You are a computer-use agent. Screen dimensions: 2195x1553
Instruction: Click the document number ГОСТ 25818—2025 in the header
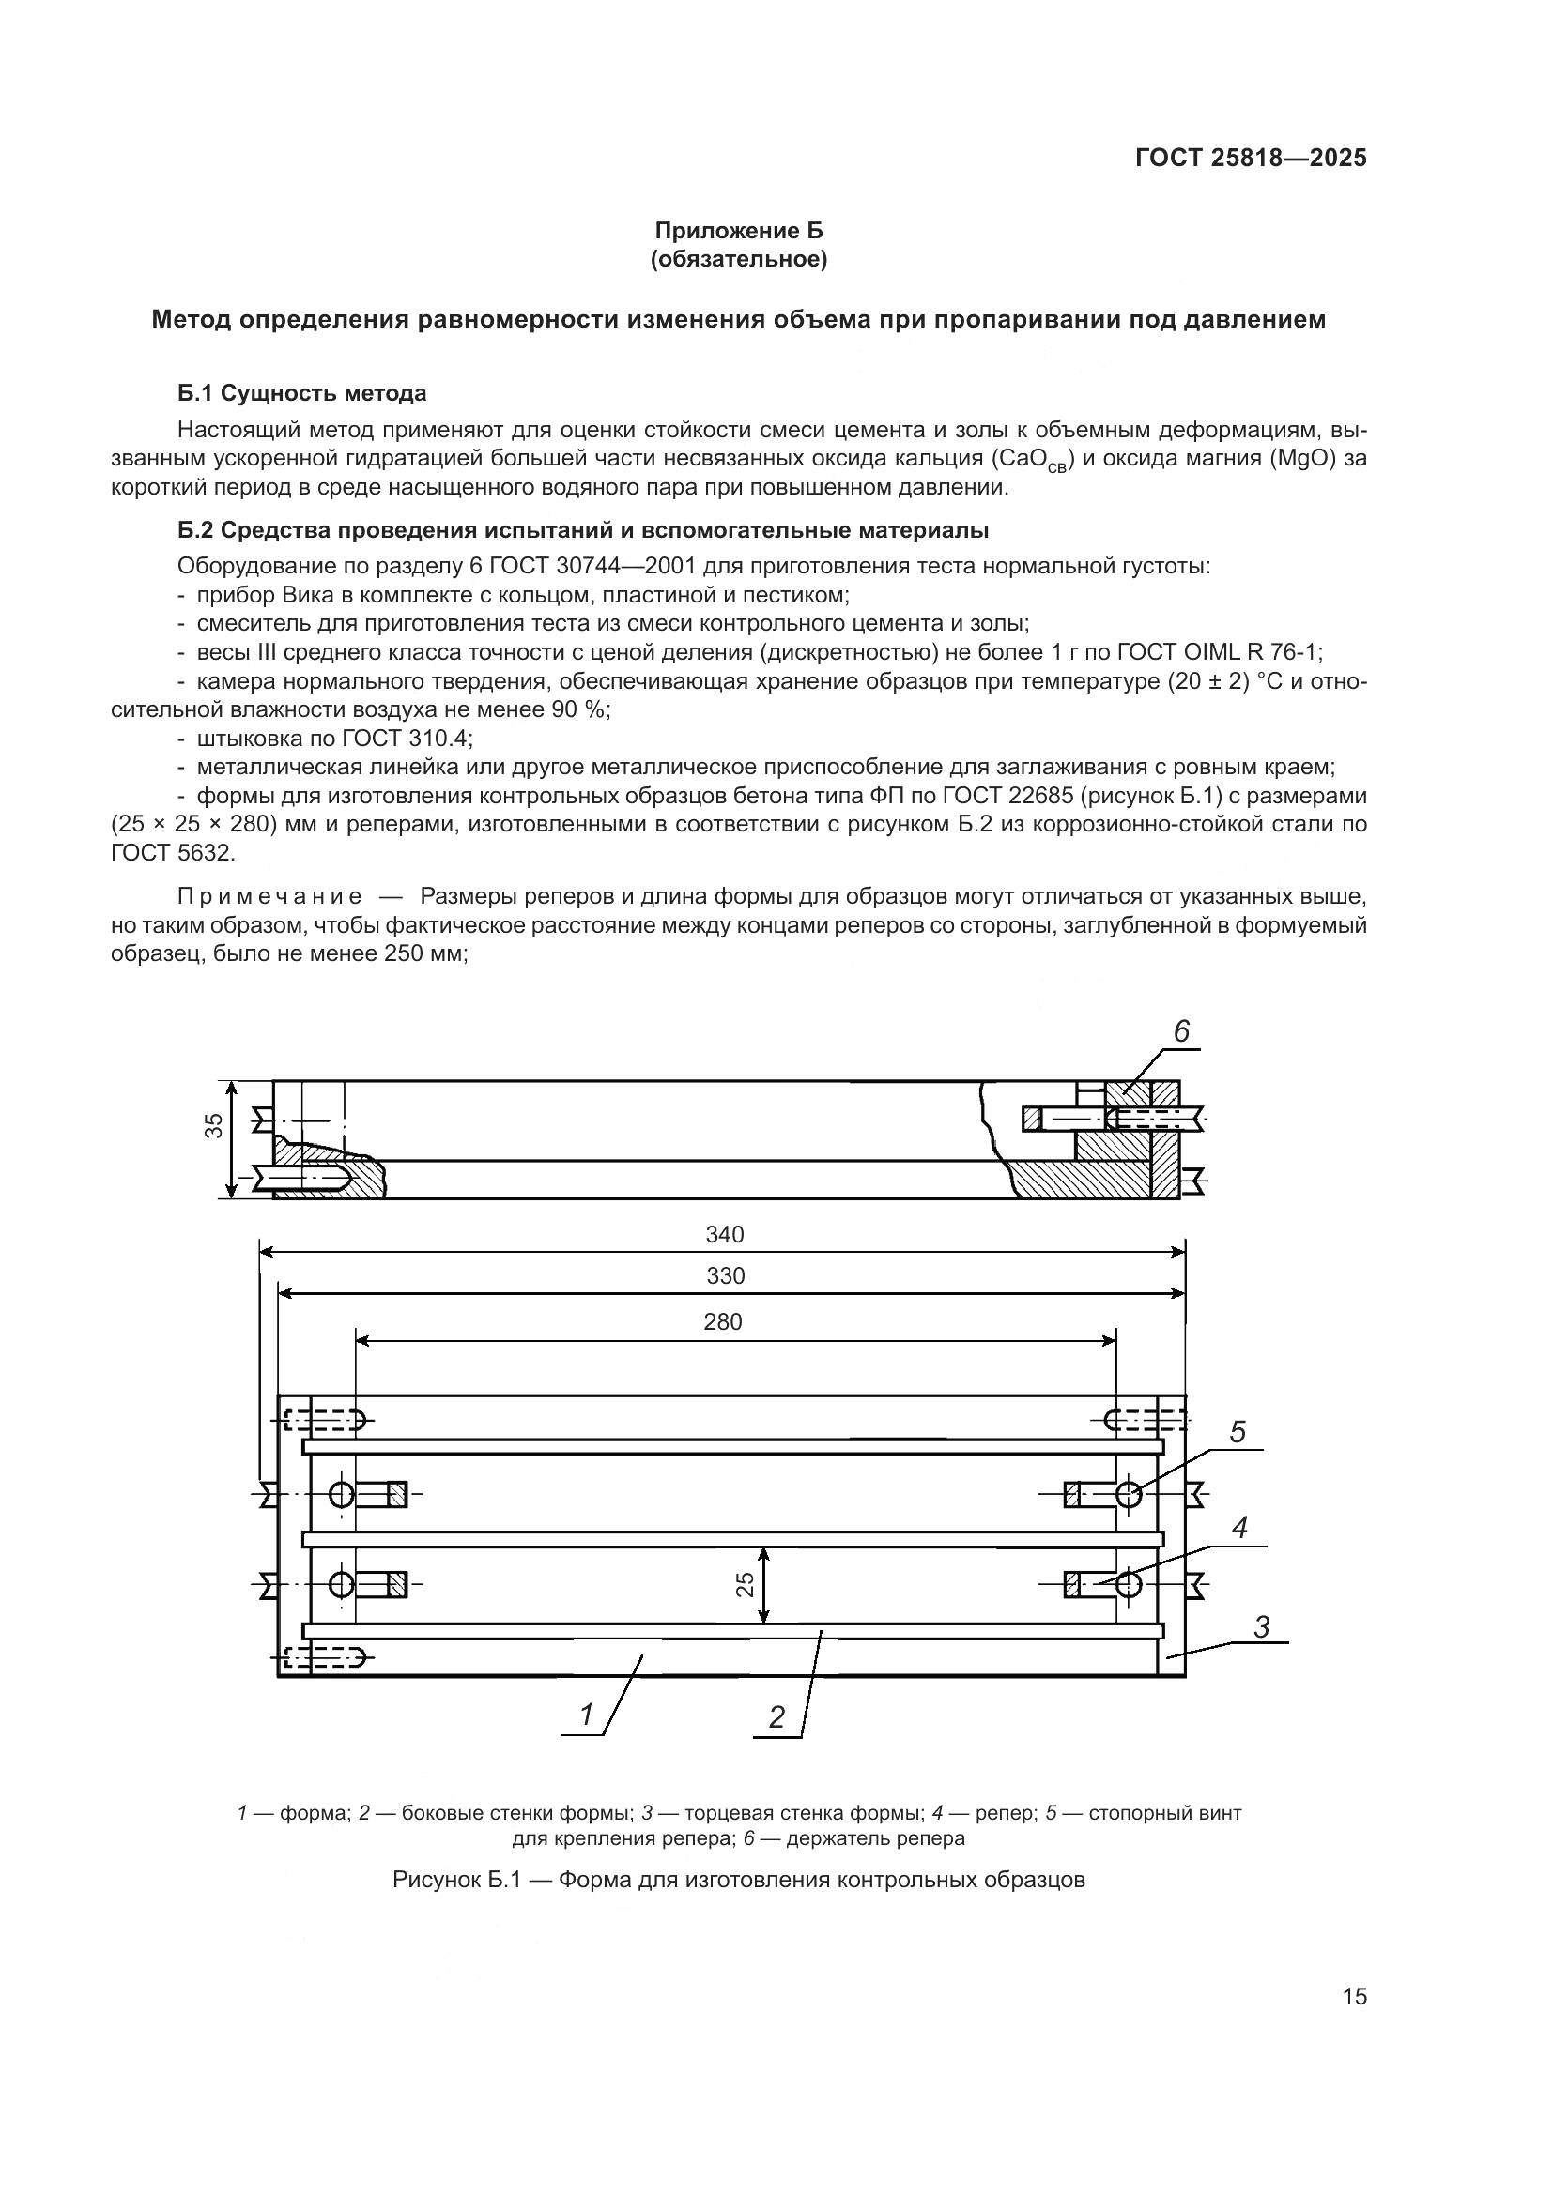[x=1251, y=159]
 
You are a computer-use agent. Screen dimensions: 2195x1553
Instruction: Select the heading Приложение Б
[x=737, y=231]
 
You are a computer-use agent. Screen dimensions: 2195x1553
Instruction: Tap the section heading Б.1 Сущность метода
[x=302, y=393]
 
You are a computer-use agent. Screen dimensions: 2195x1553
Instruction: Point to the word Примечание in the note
[x=269, y=897]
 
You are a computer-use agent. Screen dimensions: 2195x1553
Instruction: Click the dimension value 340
[x=725, y=1234]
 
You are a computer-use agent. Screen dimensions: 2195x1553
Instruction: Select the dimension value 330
[x=725, y=1275]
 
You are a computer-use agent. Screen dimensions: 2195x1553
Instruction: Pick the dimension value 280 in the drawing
[x=723, y=1321]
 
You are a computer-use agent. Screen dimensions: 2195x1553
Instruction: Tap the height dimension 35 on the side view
[x=215, y=1125]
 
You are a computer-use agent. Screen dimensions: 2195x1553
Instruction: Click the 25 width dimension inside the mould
[x=746, y=1584]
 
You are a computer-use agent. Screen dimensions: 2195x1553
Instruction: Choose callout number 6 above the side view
[x=1181, y=1031]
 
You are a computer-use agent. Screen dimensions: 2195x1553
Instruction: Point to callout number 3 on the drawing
[x=1261, y=1627]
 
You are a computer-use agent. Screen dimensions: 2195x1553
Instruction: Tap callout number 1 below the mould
[x=587, y=1716]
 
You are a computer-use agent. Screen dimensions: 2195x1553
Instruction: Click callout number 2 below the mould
[x=776, y=1718]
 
